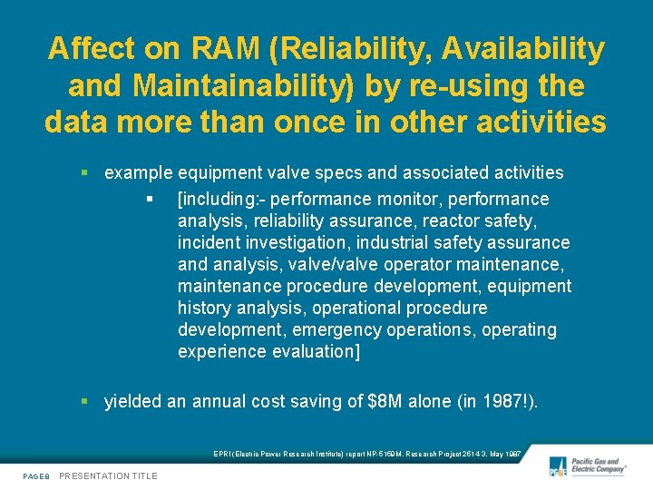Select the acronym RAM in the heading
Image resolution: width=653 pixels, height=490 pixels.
pos(219,50)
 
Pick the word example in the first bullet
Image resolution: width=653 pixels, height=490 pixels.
pos(139,172)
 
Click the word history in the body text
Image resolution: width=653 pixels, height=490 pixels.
pos(204,308)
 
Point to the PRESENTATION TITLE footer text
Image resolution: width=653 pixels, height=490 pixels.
pos(108,475)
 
